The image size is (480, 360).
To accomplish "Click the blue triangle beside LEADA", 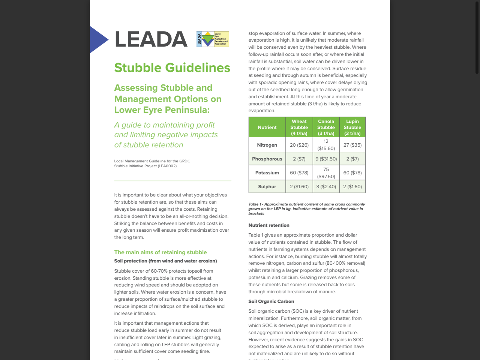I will [98, 39].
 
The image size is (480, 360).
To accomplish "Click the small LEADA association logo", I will [213, 39].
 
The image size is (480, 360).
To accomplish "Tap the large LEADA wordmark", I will [151, 39].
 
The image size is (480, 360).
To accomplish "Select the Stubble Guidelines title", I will [172, 68].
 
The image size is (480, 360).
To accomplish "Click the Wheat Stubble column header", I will [299, 127].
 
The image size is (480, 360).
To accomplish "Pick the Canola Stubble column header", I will [326, 127].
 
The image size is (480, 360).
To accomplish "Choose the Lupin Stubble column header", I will [352, 127].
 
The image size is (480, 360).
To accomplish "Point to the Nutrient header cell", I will [267, 127].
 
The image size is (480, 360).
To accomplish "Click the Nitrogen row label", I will [267, 145].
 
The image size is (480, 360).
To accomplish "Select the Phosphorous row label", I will [267, 159].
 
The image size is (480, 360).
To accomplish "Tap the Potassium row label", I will [267, 173].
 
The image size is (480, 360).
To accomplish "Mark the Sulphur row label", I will [267, 187].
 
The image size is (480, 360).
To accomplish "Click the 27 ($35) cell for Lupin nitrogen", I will [352, 145].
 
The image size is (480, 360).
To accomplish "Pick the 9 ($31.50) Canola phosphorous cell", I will [326, 159].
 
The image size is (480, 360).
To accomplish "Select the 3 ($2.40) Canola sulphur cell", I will [326, 187].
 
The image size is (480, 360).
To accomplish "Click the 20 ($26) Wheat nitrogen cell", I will [299, 145].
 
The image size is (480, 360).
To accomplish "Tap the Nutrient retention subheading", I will [269, 225].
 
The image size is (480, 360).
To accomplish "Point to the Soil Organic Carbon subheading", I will [271, 301].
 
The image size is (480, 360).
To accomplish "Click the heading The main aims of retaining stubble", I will [160, 252].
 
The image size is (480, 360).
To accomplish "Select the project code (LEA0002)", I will [167, 166].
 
